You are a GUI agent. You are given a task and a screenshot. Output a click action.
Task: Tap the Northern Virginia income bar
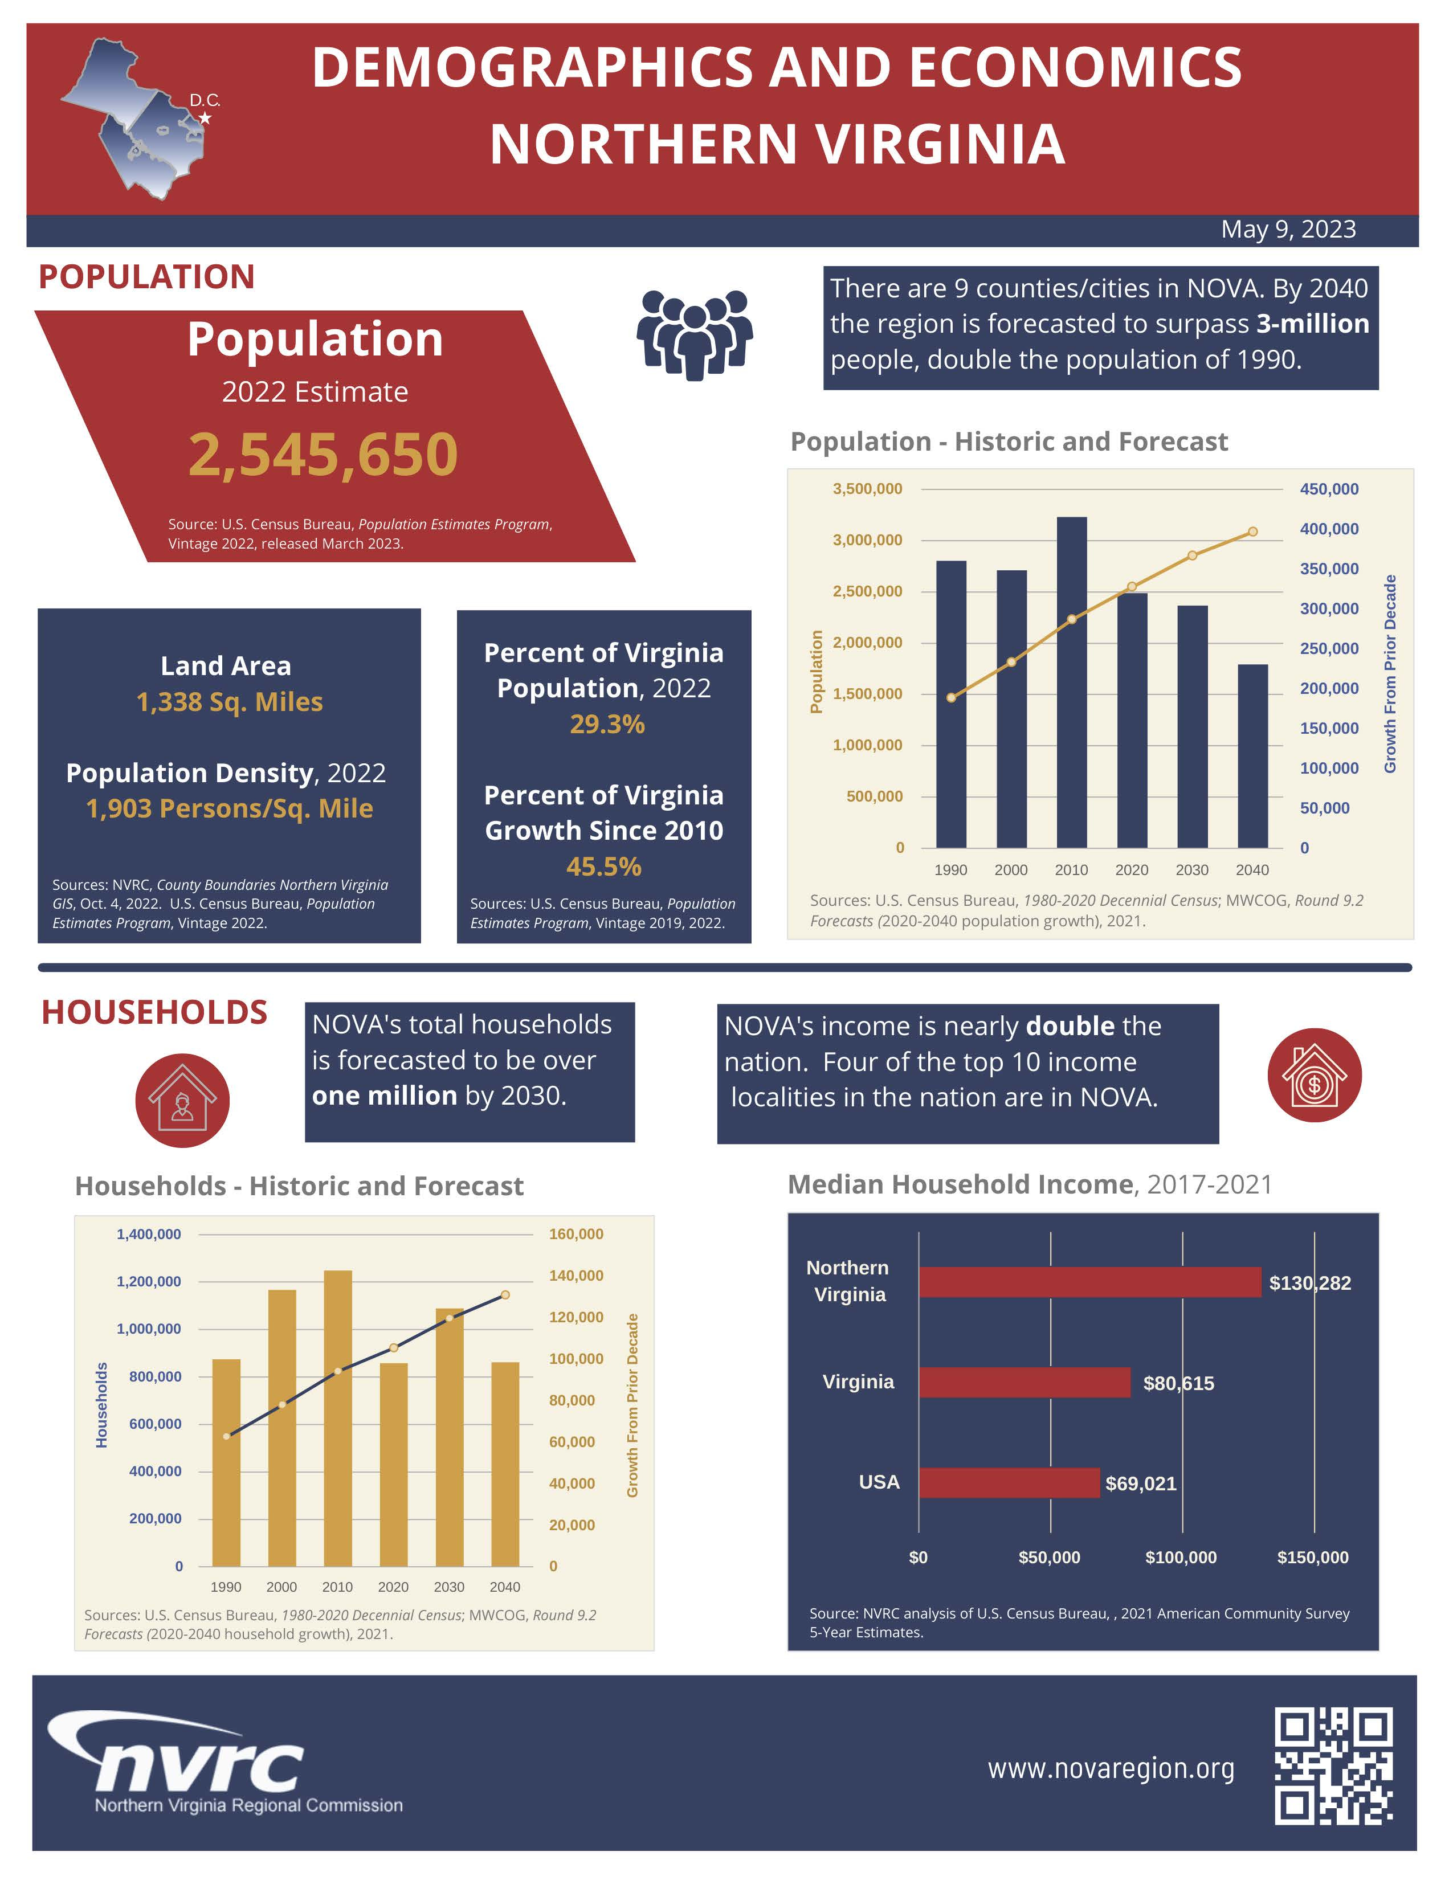coord(1089,1282)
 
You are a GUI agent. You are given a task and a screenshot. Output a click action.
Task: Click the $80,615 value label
coord(1178,1383)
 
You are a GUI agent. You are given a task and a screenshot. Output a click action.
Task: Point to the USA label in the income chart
coord(879,1481)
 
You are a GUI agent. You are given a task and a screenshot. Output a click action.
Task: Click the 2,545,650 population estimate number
coord(323,455)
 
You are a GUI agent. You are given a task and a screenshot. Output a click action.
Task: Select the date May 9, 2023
coord(1288,229)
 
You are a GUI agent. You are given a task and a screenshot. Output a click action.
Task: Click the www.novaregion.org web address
coord(1111,1768)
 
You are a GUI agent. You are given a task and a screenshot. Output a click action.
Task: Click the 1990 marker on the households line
coord(226,1436)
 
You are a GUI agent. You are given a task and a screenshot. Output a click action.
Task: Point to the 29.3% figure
coord(607,724)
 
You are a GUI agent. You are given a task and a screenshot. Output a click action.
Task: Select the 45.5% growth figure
coord(603,866)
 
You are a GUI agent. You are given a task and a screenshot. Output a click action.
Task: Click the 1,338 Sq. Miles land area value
coord(230,701)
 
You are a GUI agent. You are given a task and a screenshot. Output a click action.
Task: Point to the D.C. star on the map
coord(205,118)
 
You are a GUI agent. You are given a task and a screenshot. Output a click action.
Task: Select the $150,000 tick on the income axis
coord(1312,1557)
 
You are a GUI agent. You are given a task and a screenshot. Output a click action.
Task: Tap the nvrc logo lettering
coord(199,1765)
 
